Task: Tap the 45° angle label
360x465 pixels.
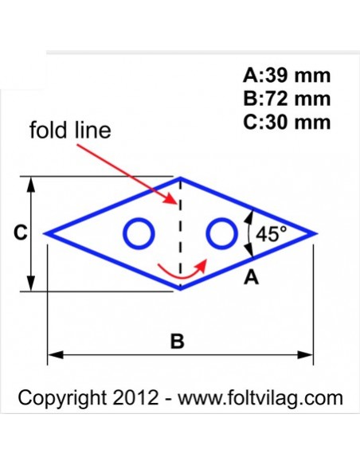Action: pos(272,234)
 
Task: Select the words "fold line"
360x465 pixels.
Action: pos(70,130)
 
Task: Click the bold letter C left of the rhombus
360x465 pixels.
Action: pos(21,232)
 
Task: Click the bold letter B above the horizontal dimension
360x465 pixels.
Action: pos(178,341)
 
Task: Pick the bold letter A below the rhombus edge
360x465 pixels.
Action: pos(251,278)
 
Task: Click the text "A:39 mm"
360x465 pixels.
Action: pos(287,76)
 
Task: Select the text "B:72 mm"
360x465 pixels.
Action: pos(287,99)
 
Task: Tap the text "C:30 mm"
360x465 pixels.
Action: pos(287,122)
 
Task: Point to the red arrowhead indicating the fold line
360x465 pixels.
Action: pos(171,199)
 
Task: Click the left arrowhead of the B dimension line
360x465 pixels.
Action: pos(55,354)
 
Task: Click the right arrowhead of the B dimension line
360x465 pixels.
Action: pos(305,354)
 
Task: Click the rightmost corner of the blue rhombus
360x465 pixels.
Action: pos(316,233)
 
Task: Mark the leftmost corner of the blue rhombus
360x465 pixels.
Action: pos(45,233)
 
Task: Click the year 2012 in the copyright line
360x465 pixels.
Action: pos(135,397)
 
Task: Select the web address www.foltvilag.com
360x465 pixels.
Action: pos(260,398)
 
